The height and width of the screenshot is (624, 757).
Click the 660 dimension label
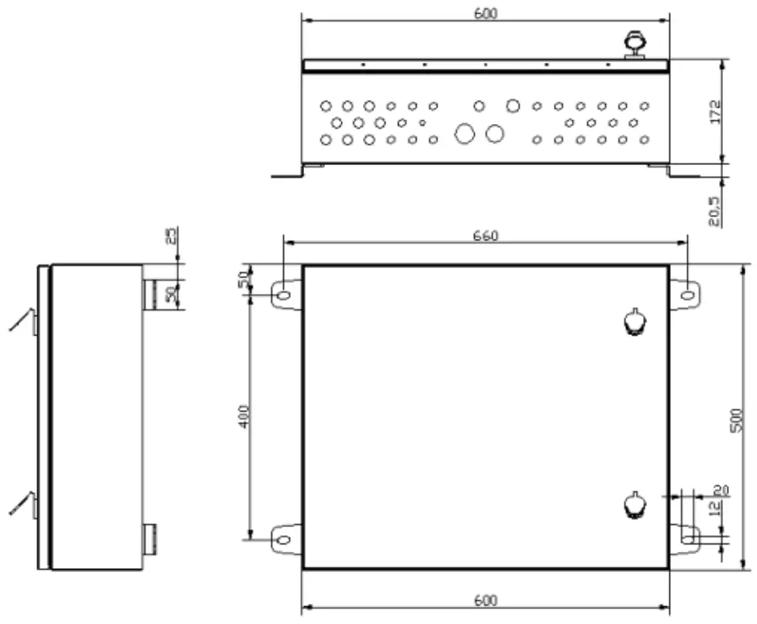click(486, 236)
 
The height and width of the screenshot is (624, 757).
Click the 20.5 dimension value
click(714, 210)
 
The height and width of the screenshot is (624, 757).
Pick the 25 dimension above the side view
click(171, 234)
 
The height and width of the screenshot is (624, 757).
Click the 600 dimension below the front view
click(485, 601)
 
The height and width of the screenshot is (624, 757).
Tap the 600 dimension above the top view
click(485, 13)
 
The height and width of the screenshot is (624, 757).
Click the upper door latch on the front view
click(634, 322)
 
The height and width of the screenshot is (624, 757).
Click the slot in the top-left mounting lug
click(284, 295)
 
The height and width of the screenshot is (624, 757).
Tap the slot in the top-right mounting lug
click(687, 295)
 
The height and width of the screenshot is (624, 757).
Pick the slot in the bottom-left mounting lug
click(284, 539)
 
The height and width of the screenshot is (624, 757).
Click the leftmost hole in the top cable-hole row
click(326, 105)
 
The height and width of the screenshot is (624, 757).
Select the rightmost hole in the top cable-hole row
click(644, 105)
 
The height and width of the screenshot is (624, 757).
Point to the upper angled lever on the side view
click(23, 320)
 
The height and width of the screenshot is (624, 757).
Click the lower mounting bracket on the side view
click(150, 538)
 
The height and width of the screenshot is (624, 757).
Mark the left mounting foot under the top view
click(295, 171)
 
